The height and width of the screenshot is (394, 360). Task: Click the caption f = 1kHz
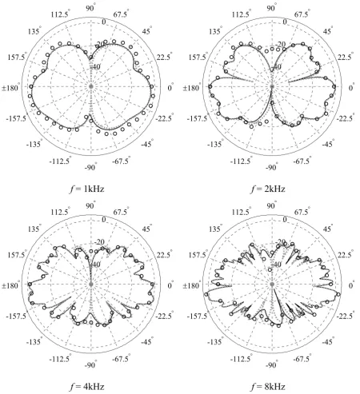point(87,189)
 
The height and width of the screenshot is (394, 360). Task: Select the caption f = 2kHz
point(268,189)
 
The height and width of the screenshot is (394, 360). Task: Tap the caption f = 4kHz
point(87,387)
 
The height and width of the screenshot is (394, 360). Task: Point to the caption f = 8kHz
point(268,387)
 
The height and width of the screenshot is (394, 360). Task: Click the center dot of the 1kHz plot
point(91,86)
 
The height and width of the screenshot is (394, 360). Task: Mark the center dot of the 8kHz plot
point(272,285)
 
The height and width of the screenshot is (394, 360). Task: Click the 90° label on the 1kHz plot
point(90,8)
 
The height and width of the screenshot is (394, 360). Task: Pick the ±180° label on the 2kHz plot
point(191,88)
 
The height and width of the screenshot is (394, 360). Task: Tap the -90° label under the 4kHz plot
point(90,365)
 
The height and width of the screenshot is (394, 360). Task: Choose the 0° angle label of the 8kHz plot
point(351,285)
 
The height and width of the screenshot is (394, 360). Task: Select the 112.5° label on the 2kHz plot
point(241,14)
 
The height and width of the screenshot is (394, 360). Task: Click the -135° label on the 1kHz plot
point(34,144)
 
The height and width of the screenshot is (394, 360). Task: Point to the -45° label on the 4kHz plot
point(146,342)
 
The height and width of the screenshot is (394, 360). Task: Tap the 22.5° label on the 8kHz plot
point(345,255)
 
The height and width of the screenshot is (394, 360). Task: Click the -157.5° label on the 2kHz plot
point(197,118)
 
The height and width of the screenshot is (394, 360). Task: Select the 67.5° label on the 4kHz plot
point(122,212)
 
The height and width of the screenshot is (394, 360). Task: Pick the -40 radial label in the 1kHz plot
point(94,66)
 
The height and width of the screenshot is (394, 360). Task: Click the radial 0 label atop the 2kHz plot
point(285,22)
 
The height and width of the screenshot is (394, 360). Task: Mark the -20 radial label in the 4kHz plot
point(100,242)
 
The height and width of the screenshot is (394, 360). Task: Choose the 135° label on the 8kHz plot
point(215,229)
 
